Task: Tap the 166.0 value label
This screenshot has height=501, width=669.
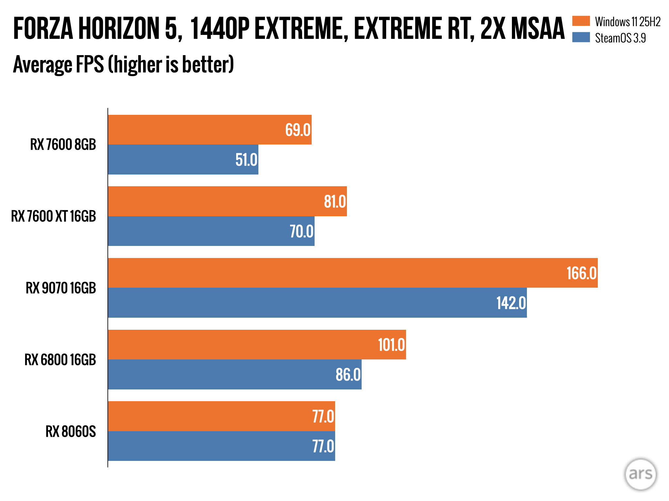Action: [581, 273]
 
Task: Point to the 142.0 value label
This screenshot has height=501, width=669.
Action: [511, 303]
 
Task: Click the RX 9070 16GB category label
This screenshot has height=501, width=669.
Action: [61, 288]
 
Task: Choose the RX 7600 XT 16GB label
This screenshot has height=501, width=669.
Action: [54, 216]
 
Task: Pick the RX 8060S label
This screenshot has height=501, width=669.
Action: [71, 432]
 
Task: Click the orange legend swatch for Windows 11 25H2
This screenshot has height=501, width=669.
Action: [581, 21]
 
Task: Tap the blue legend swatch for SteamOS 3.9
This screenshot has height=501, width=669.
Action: [581, 38]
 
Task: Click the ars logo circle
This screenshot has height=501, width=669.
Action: [640, 474]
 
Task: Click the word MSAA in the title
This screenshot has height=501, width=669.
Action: [538, 29]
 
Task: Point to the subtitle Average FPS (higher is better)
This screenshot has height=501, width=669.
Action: [123, 64]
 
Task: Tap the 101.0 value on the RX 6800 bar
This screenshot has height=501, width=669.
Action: [391, 345]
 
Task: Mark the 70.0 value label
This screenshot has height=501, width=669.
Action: [302, 231]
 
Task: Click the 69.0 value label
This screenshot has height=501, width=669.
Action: [298, 130]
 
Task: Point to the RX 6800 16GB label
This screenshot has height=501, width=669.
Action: [60, 360]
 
